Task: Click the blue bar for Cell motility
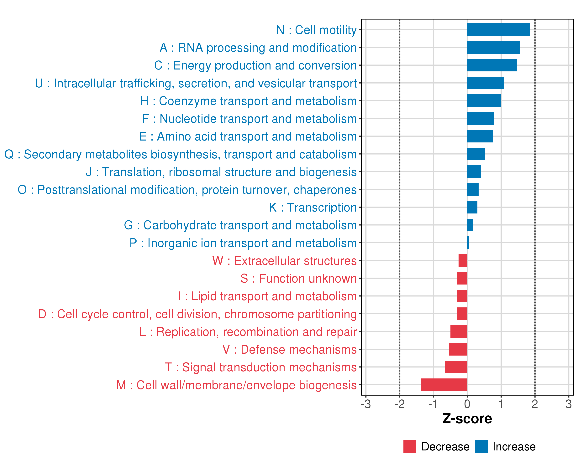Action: [498, 30]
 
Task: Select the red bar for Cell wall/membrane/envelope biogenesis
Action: [444, 385]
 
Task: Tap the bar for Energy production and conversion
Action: [492, 65]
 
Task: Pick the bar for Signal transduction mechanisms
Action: [456, 367]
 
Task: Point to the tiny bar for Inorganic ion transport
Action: [468, 243]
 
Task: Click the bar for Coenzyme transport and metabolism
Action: [484, 101]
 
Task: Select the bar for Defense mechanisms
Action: [458, 349]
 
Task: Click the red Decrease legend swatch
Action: [410, 446]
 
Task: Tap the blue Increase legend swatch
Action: [481, 446]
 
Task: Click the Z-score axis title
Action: [467, 419]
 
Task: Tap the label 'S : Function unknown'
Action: [298, 279]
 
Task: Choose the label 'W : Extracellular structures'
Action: [284, 261]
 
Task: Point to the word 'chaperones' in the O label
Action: [325, 190]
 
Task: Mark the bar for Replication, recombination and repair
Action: [459, 331]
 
